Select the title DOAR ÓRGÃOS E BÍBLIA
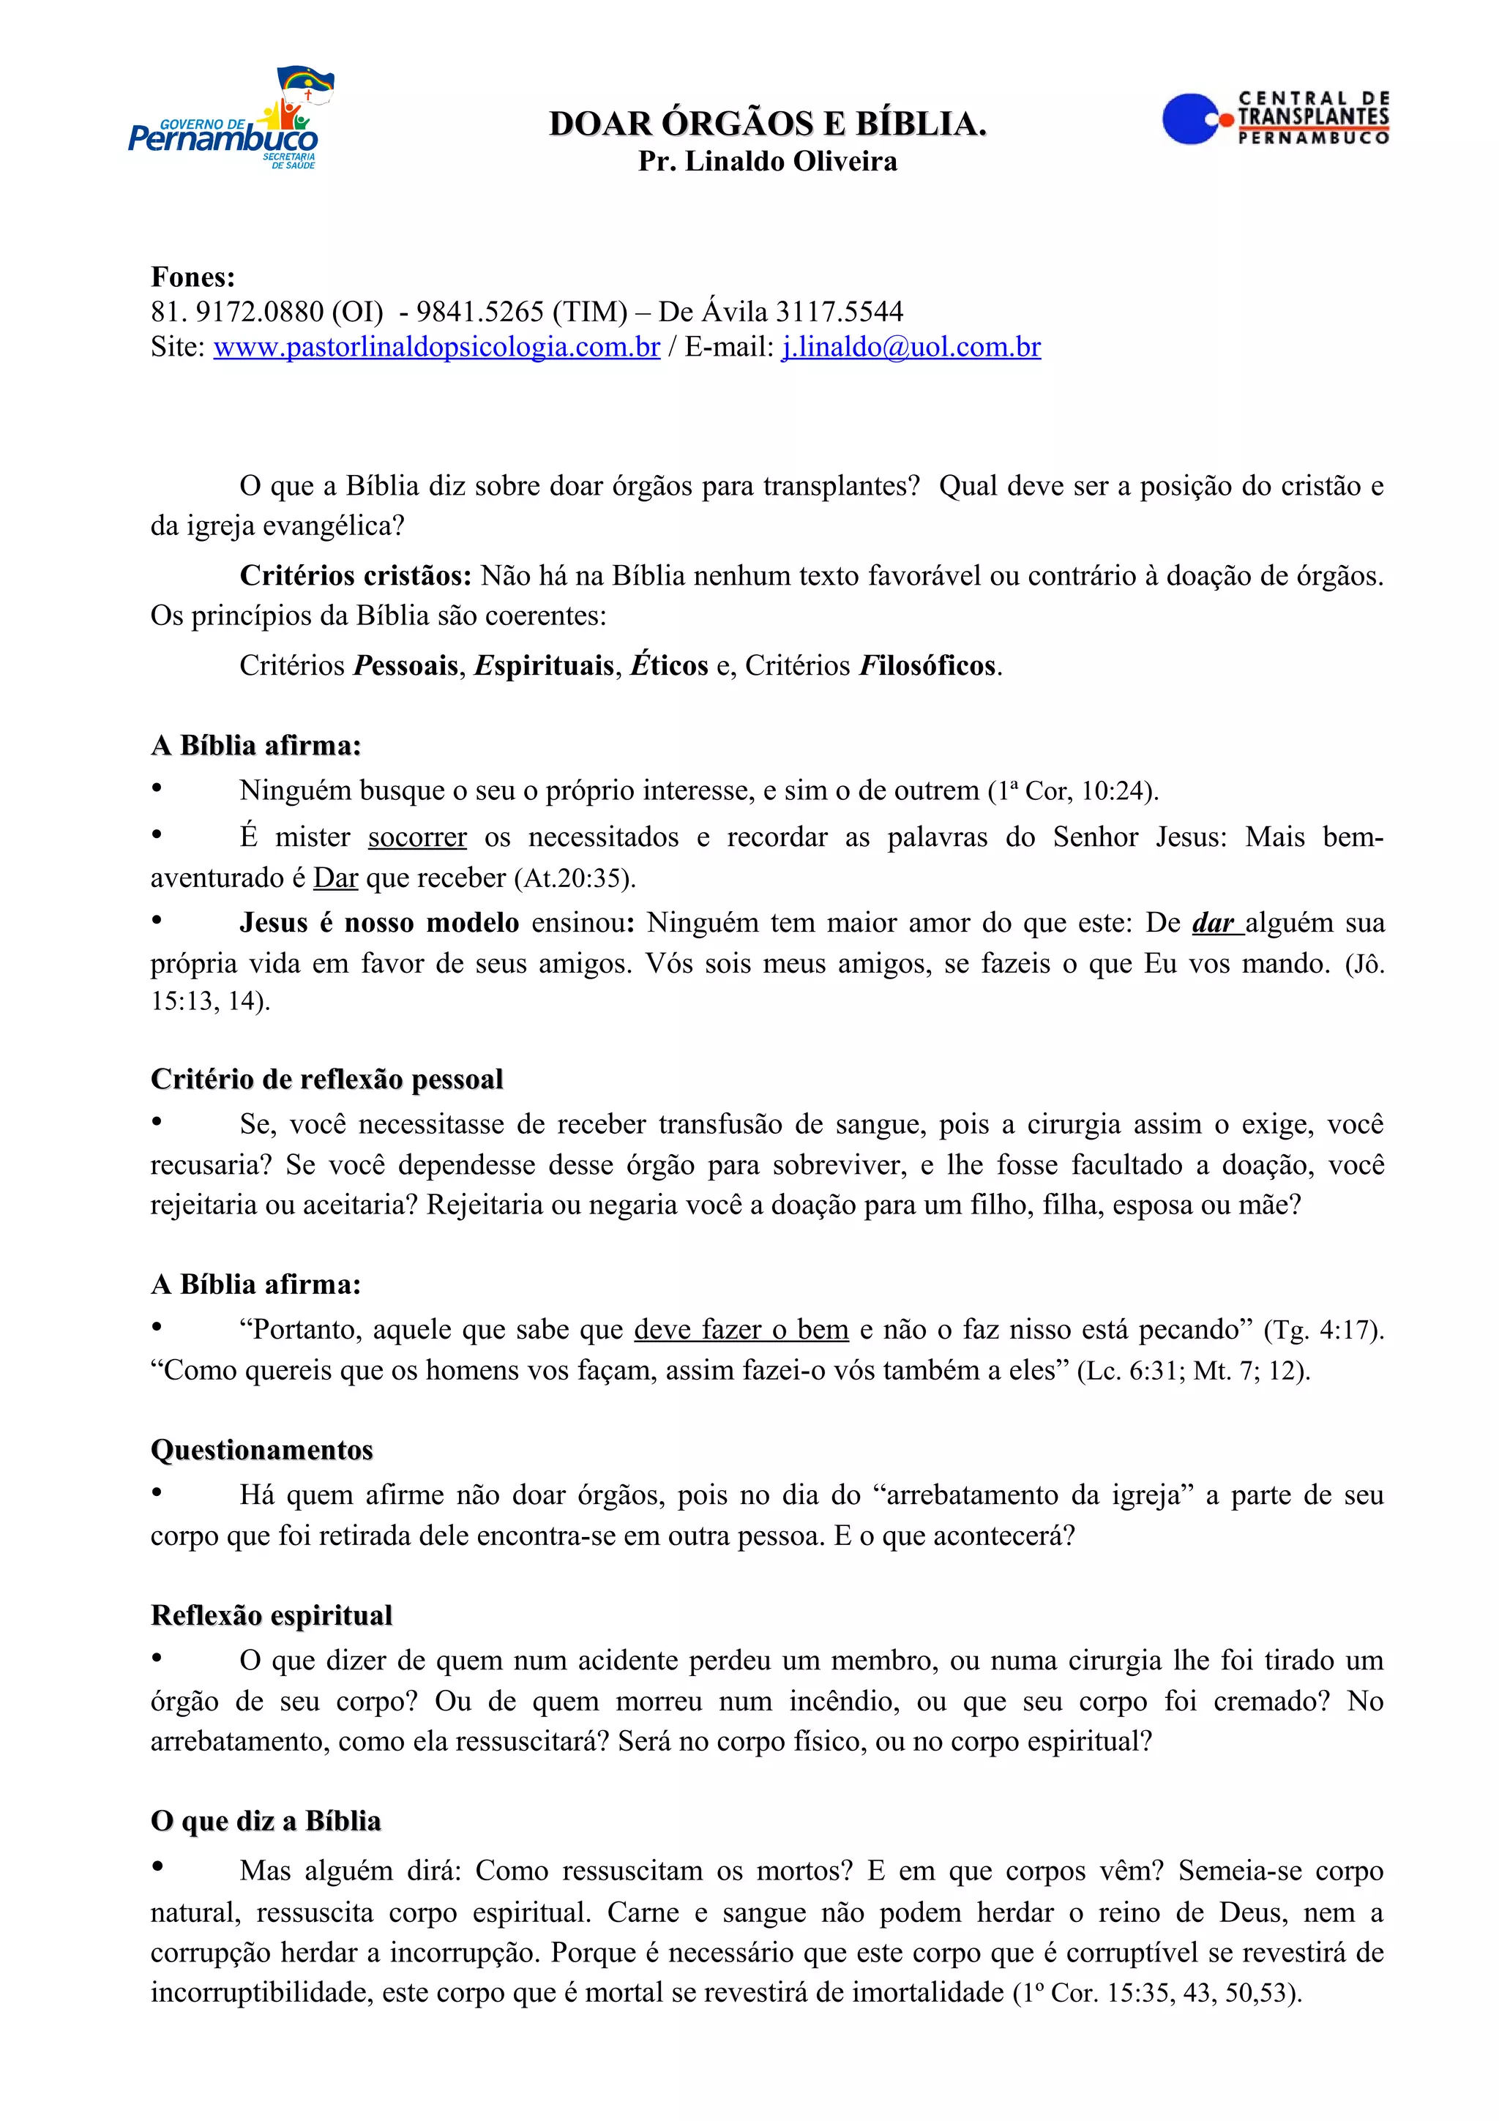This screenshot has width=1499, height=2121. [768, 124]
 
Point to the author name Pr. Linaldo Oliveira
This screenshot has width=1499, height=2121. [768, 162]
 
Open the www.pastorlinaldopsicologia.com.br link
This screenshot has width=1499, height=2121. [437, 348]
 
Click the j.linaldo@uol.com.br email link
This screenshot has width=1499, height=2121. [911, 348]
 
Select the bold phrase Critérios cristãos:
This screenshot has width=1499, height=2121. [356, 575]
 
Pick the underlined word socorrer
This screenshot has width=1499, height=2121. [417, 837]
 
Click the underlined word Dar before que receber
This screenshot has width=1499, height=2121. [335, 878]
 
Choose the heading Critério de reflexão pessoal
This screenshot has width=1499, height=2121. [327, 1079]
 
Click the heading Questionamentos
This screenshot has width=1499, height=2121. [262, 1449]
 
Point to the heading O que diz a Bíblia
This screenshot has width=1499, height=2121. [266, 1821]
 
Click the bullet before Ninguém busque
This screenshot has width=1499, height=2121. [157, 789]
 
